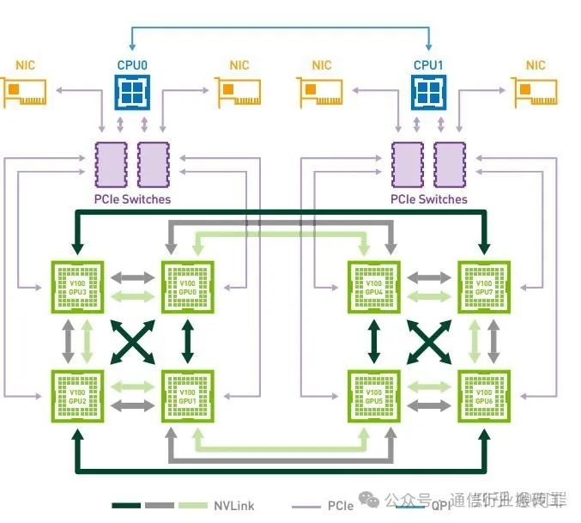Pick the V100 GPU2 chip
(77, 395)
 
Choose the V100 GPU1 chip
(187, 395)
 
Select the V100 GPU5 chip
(373, 395)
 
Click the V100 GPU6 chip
(483, 395)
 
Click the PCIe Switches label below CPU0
(132, 199)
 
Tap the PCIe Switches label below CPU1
(429, 199)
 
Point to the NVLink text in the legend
(233, 506)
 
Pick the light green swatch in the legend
(193, 506)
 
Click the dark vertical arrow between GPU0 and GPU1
(187, 341)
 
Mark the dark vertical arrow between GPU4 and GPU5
(373, 341)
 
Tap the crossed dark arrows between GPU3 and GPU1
(132, 341)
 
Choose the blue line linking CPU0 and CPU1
(280, 28)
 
